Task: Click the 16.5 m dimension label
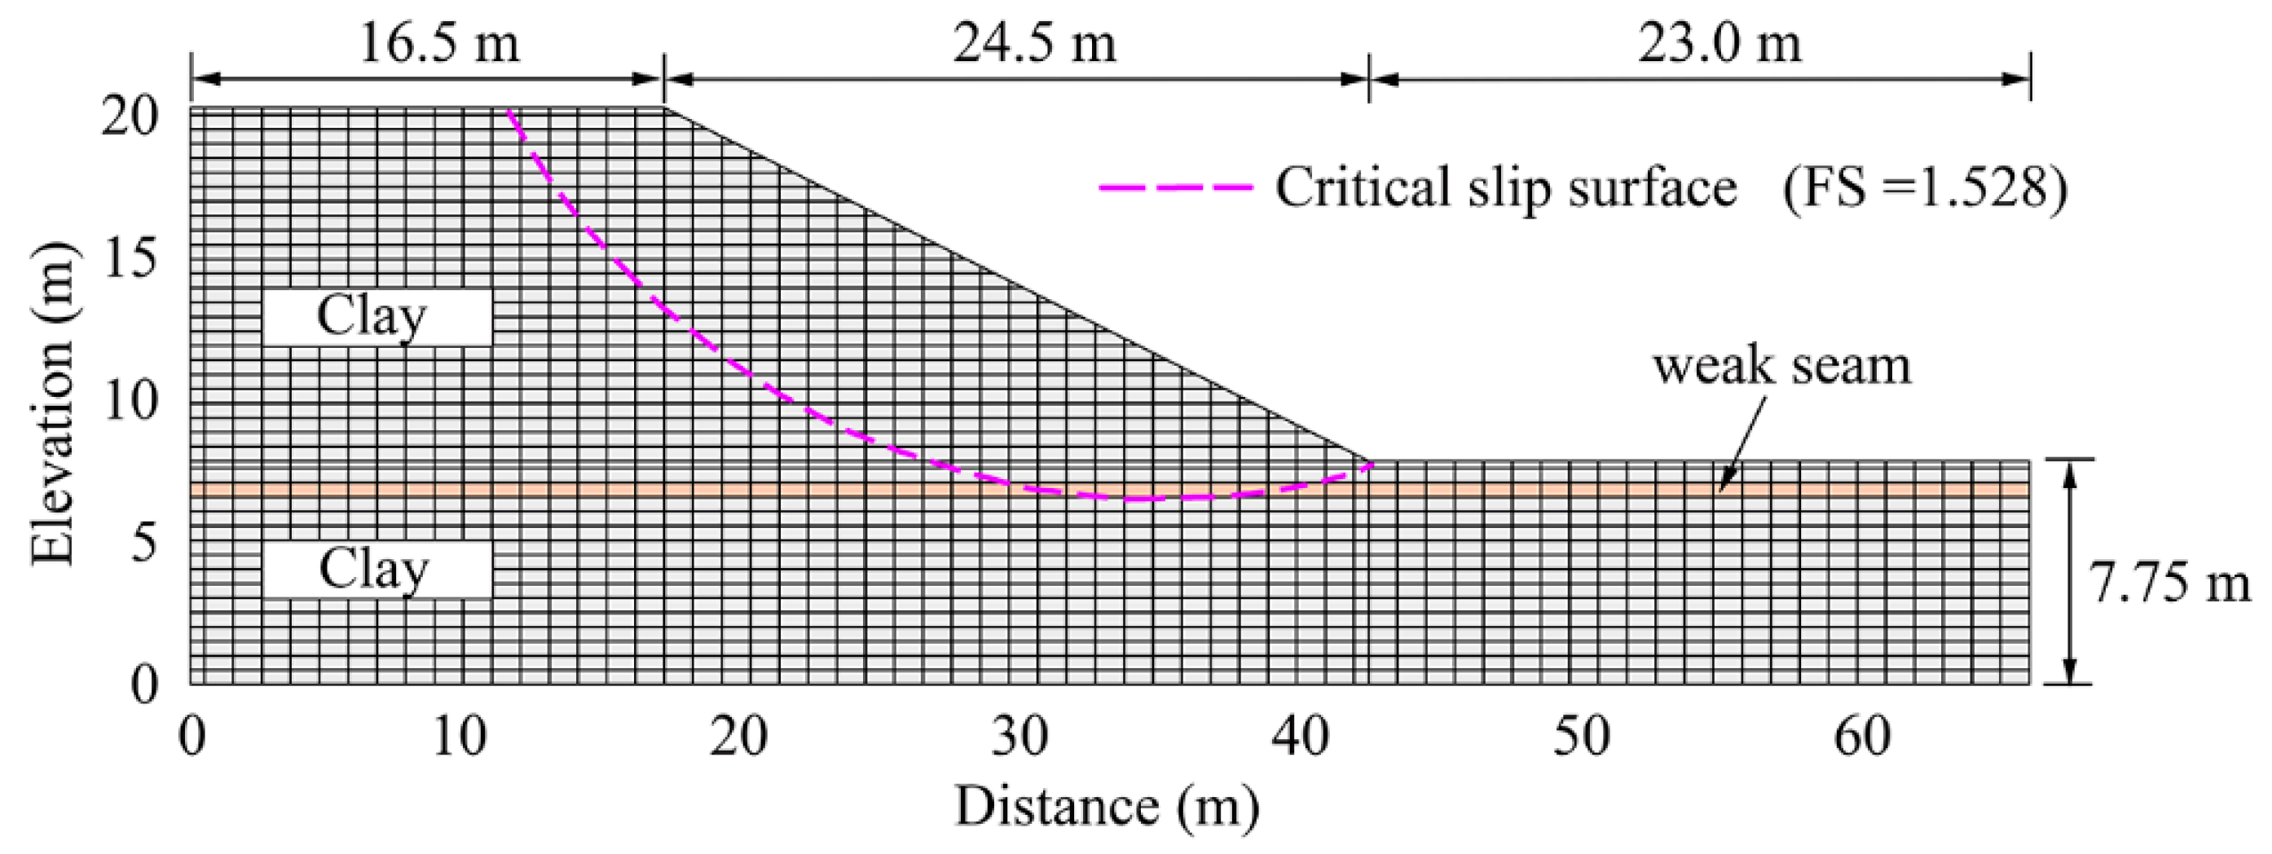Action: (439, 42)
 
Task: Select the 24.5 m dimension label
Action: (1033, 42)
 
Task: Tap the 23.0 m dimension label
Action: (1719, 42)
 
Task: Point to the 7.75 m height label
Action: (2169, 584)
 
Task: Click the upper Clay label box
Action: (376, 317)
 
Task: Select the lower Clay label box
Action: (376, 570)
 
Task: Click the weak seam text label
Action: (1781, 365)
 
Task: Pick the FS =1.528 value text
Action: (1922, 188)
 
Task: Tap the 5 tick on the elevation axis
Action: (143, 542)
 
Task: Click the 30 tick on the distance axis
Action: (1020, 737)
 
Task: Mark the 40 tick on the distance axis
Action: (1301, 737)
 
